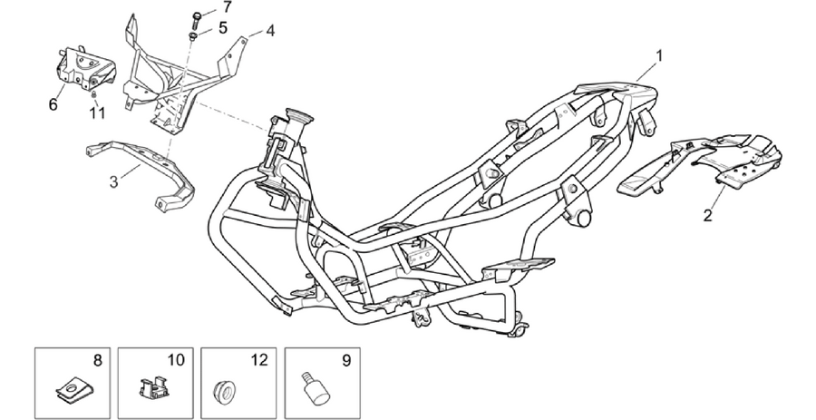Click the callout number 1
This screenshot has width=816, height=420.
tap(659, 55)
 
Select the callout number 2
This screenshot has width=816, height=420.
tap(707, 215)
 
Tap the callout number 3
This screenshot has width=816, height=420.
tap(114, 182)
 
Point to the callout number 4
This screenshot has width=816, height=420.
tap(269, 31)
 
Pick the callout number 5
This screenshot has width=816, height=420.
tap(223, 27)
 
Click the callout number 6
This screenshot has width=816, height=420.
tap(53, 104)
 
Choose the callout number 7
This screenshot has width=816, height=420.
tap(227, 7)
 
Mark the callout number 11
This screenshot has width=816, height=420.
tap(97, 112)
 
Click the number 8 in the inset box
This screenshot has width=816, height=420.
tap(97, 360)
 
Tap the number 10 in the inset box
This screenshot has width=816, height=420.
tap(176, 360)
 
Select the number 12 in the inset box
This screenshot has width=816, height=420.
tap(259, 360)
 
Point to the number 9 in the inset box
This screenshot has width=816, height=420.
tap(346, 360)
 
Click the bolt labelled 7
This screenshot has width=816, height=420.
tap(197, 20)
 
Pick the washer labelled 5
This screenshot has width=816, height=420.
tap(192, 36)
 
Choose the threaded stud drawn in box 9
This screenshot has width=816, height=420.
tap(316, 387)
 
